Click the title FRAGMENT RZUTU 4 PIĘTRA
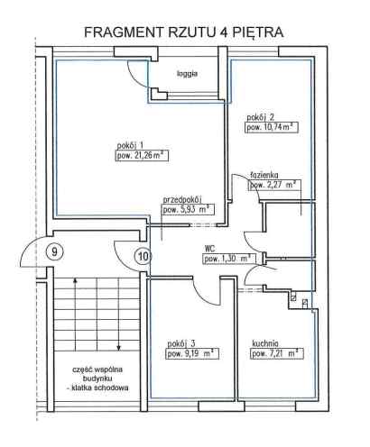tap(184, 32)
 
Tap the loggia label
tap(187, 74)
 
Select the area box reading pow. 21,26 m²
tap(142, 156)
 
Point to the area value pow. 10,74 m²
tap(272, 127)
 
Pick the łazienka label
tap(264, 175)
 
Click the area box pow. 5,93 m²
tap(189, 210)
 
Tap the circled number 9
tap(54, 251)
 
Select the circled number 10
tap(143, 256)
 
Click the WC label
tap(209, 249)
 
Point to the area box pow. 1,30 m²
tap(229, 259)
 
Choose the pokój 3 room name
tap(181, 343)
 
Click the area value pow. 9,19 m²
tap(192, 353)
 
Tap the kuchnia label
tap(265, 343)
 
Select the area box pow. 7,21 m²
tap(277, 353)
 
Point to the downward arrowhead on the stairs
tap(119, 348)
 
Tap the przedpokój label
tap(182, 199)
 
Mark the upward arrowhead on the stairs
tap(75, 281)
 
